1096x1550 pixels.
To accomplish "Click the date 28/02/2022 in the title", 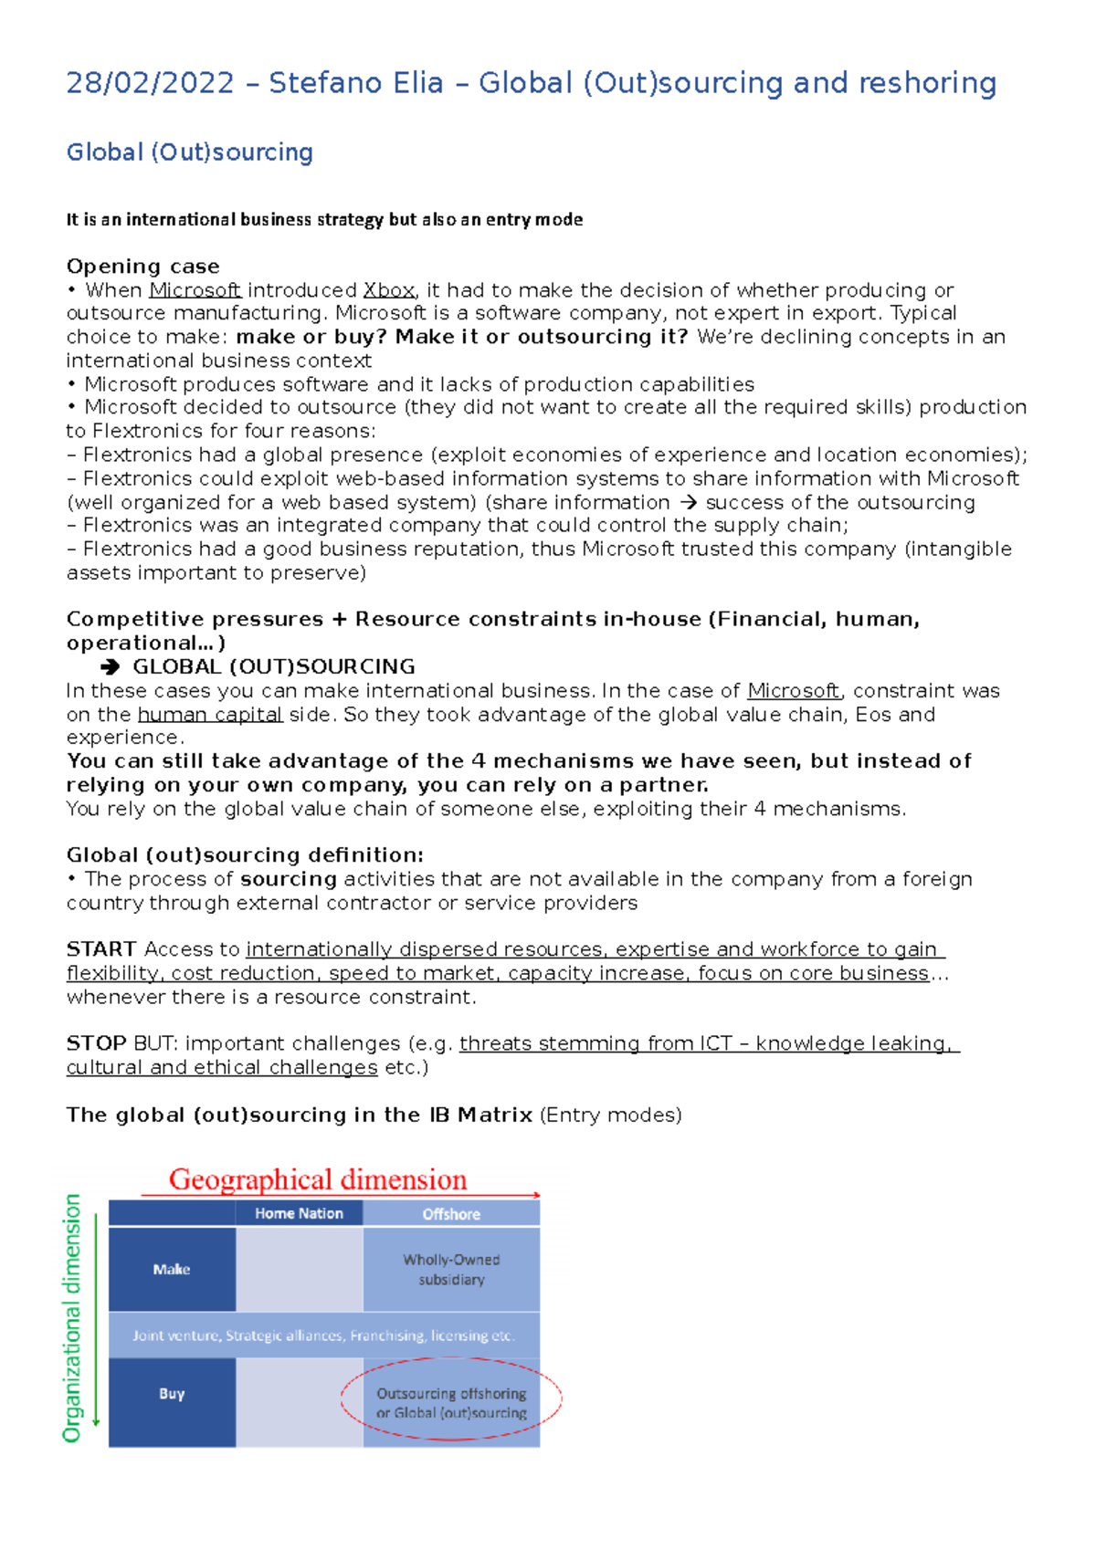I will click(x=150, y=83).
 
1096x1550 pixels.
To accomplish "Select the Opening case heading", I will click(x=142, y=267).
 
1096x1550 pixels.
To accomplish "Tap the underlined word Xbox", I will click(x=389, y=290).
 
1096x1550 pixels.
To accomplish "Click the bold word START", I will click(x=101, y=949).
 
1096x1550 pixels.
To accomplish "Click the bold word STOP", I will click(x=96, y=1043).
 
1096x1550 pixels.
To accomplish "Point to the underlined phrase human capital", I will click(x=210, y=715).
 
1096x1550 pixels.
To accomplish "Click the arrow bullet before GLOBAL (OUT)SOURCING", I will click(x=111, y=667).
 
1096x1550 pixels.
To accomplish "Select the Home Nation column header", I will click(x=299, y=1213).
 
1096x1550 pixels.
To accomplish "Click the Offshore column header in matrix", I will click(x=451, y=1214).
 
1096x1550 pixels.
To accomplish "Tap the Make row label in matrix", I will click(x=172, y=1270).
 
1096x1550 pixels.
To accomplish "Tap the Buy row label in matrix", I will click(x=172, y=1394).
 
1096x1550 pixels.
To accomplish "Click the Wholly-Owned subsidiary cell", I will click(x=451, y=1270).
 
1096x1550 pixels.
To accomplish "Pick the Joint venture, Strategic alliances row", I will click(x=323, y=1335).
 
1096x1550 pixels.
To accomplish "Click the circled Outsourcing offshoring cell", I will click(x=451, y=1403).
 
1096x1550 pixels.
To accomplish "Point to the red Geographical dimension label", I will click(x=318, y=1179).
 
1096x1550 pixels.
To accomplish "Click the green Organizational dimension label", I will click(x=72, y=1318).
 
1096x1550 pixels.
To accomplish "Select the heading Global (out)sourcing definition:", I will click(x=245, y=855).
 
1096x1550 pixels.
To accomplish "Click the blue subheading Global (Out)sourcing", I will click(x=189, y=152).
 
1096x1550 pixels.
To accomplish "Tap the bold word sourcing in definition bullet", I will click(x=289, y=879).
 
